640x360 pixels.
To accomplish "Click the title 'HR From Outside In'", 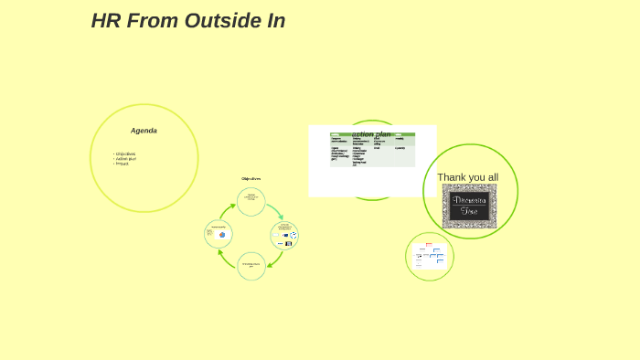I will tap(187, 21).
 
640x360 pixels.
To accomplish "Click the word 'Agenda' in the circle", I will tap(144, 131).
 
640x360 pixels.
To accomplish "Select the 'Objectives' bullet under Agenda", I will tap(125, 154).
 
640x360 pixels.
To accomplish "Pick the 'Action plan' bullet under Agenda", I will tap(126, 158).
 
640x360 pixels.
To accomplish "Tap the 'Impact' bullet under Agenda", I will tap(123, 164).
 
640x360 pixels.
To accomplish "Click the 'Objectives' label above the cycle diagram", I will tap(251, 178).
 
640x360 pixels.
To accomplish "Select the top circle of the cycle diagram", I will tap(251, 201).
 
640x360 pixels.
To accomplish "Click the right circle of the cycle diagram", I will tap(284, 235).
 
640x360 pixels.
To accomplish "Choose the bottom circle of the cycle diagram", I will tap(251, 266).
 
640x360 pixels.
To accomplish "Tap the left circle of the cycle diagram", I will tap(218, 234).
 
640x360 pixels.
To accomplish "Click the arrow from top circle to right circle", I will tap(274, 211).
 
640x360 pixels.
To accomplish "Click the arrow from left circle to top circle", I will tap(228, 211).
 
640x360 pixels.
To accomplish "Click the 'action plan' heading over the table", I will tap(371, 134).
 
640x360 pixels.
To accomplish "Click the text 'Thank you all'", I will tap(467, 177).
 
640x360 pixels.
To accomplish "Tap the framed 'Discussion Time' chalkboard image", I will tap(469, 206).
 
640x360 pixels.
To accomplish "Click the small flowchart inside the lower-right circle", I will tap(430, 256).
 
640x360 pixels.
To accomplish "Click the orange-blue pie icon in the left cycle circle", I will tap(222, 235).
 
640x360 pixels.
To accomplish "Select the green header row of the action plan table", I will tap(372, 134).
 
